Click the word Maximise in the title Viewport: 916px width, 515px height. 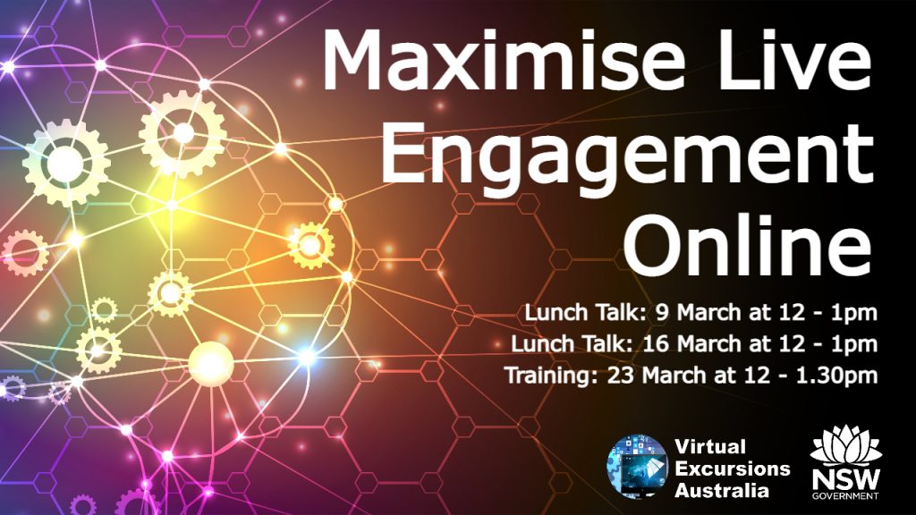[503, 59]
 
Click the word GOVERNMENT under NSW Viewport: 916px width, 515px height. [845, 495]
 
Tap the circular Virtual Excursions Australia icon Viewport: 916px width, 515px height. [637, 466]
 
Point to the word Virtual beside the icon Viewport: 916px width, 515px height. [709, 447]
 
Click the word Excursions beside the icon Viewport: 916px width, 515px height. [732, 469]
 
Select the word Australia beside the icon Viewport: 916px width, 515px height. [722, 490]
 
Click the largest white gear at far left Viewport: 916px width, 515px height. [65, 164]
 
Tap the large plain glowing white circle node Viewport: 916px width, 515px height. [211, 364]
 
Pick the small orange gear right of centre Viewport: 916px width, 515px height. [310, 246]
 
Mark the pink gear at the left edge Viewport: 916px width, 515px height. [24, 253]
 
